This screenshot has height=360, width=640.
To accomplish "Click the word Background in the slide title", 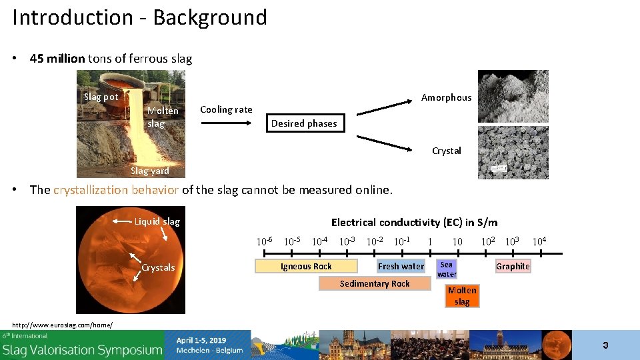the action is (209, 17).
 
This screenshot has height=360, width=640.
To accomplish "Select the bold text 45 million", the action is (57, 59).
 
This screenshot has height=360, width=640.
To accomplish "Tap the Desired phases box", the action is (304, 123).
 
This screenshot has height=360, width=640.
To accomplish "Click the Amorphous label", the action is (446, 97).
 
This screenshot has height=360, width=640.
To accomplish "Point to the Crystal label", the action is (446, 151).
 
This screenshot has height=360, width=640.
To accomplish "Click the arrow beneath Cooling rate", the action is (225, 123).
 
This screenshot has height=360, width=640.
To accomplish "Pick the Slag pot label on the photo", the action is (101, 97).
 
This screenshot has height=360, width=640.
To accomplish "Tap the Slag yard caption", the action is (150, 171).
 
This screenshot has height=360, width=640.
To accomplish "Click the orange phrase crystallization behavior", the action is (116, 190).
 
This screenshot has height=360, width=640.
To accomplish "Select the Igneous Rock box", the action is (306, 266).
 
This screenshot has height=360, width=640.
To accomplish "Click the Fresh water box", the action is (401, 266).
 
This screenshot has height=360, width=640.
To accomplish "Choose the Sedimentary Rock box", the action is (375, 283).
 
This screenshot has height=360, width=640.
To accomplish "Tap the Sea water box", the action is (447, 269).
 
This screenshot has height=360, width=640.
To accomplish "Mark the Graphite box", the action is (513, 266).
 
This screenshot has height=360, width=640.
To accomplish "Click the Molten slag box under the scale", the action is (462, 296).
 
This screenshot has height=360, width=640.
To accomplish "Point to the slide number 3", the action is (605, 345).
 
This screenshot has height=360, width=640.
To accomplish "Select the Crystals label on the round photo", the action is (158, 267).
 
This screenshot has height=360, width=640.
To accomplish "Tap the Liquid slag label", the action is (157, 221).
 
